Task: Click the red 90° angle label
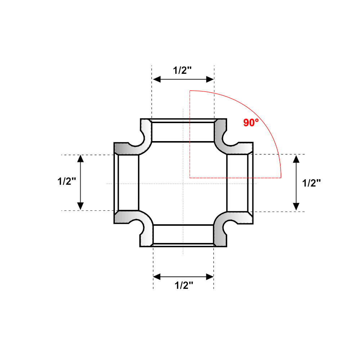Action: tap(251, 123)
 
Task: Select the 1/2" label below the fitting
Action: tap(184, 285)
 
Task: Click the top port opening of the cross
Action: tap(183, 132)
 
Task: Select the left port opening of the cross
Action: tap(128, 183)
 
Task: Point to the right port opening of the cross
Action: tap(237, 183)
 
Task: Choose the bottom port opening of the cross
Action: tap(183, 235)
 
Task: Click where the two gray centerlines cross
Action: tap(183, 184)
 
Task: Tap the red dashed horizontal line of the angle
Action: tap(234, 177)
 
